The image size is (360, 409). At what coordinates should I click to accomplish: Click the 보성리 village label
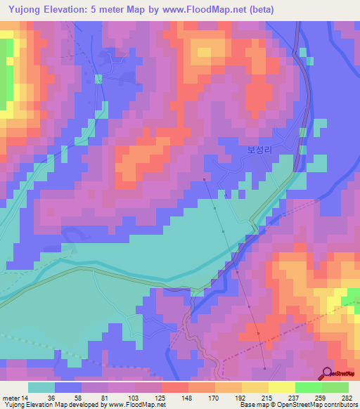259,150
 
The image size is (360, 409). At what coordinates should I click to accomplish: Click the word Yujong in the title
27,9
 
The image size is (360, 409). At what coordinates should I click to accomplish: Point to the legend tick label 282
347,397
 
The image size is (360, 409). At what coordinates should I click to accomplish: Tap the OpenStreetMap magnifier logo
328,373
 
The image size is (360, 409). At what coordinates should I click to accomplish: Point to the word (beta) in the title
256,9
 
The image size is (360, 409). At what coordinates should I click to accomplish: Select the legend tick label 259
321,397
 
